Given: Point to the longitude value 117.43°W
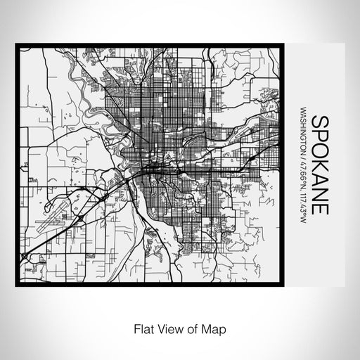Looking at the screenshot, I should (x=302, y=204).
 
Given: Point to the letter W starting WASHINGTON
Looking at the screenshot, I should (x=302, y=110).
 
